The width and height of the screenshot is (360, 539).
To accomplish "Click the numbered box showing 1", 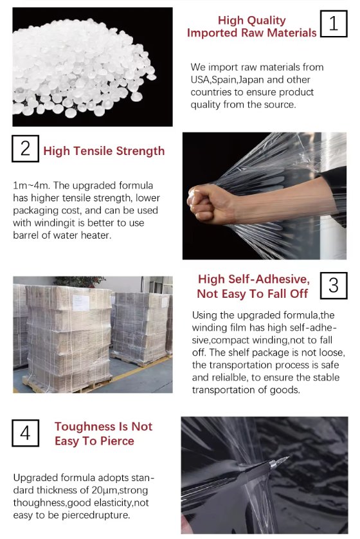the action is (x=334, y=23).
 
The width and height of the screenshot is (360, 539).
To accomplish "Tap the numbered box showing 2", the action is (x=26, y=149).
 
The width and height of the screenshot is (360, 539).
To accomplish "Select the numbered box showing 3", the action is (x=334, y=286).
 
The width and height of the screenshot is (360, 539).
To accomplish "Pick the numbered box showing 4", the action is (x=26, y=433).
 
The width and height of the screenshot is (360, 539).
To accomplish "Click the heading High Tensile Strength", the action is (x=104, y=151).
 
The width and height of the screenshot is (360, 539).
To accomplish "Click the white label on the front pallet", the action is (x=81, y=303).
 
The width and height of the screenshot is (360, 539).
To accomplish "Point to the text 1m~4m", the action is (x=32, y=186).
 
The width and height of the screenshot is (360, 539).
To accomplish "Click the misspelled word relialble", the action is (x=224, y=378).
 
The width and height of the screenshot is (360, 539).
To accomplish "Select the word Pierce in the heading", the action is (x=117, y=441).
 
